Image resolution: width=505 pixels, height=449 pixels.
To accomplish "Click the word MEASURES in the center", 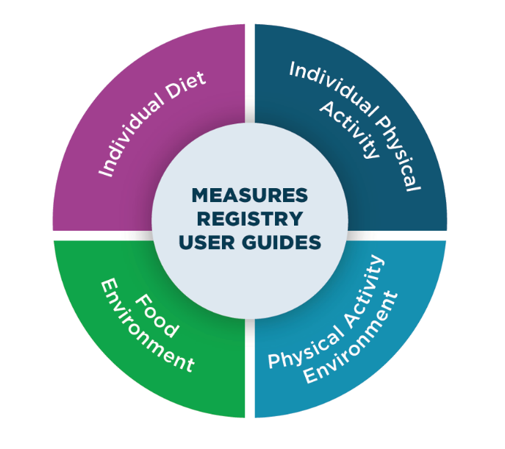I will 249,196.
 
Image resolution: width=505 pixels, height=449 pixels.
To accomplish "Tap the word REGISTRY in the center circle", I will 249,219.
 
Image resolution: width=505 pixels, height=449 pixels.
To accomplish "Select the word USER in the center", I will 214,242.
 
